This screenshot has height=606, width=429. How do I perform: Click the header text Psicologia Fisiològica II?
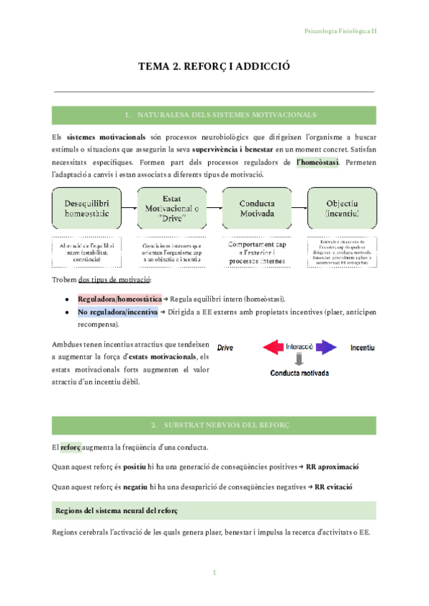[x=340, y=31]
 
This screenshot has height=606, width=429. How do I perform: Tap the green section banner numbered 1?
[x=214, y=114]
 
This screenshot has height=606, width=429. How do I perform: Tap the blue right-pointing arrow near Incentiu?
[x=326, y=347]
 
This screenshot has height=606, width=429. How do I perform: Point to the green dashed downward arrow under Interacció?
[x=300, y=359]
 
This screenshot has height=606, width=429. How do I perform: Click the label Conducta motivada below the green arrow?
[x=300, y=373]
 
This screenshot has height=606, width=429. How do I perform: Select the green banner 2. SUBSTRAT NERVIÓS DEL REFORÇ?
[x=214, y=425]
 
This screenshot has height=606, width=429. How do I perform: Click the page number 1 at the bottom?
[x=214, y=574]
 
